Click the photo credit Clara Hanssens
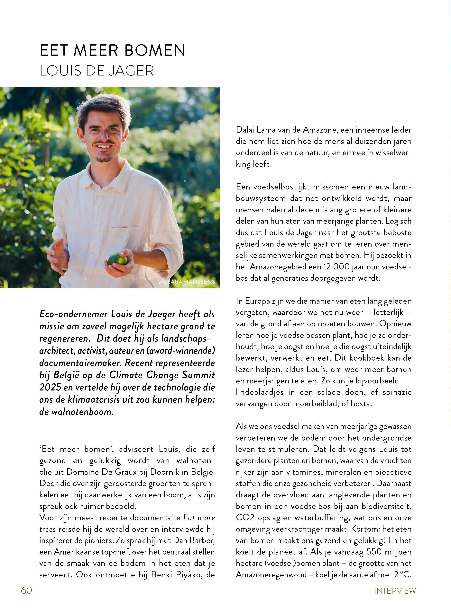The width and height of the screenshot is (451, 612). [187, 282]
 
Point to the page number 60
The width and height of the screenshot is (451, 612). [26, 590]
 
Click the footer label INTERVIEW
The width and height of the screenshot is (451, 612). [395, 591]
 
